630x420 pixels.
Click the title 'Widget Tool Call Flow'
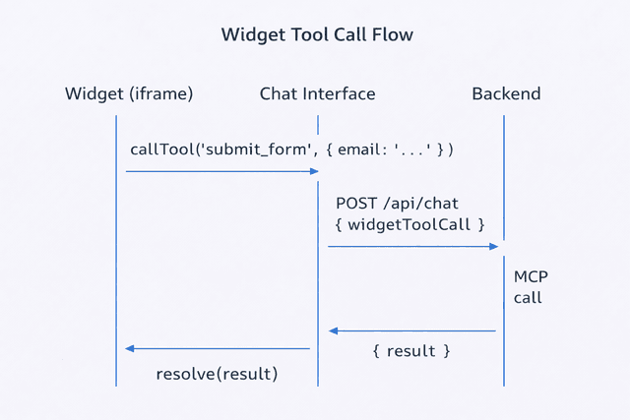pos(317,34)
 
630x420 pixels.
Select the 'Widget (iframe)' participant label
pos(129,94)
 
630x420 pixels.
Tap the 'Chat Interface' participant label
pos(317,94)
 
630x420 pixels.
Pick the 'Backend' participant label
pos(506,94)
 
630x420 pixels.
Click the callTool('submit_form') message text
pos(291,150)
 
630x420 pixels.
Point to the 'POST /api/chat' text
pos(397,204)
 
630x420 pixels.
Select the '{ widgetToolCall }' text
pos(410,225)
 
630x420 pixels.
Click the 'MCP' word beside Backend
pos(531,277)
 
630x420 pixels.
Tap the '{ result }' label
pos(411,351)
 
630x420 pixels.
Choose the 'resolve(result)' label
pos(217,374)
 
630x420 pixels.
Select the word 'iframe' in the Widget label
pos(159,94)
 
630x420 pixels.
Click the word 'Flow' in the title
pos(392,34)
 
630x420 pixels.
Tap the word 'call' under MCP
pos(528,297)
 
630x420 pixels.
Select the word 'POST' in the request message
pos(356,204)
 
